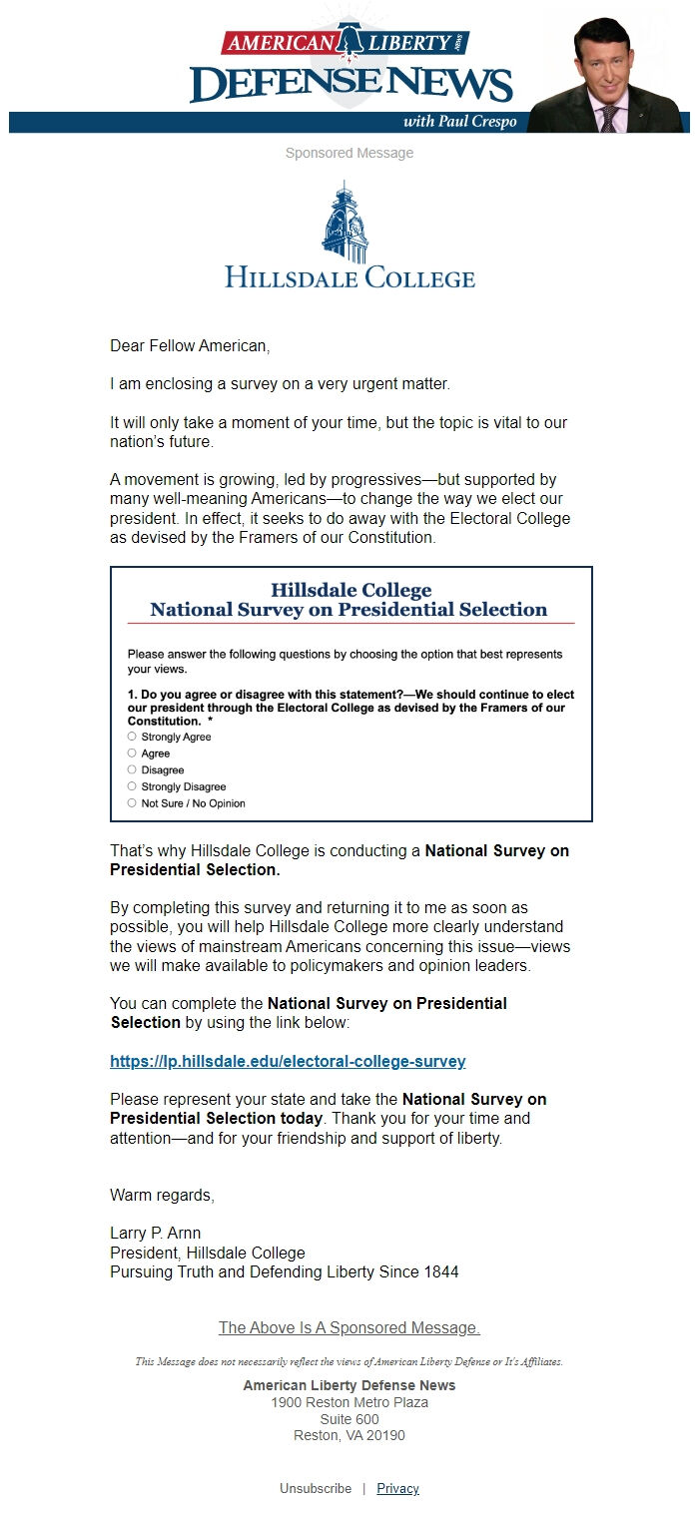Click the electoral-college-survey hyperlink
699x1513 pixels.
pos(288,1061)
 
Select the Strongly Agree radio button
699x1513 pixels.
pos(132,737)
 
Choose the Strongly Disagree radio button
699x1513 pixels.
pos(132,786)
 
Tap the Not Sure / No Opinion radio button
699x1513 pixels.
pos(132,803)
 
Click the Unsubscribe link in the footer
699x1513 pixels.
pos(316,1488)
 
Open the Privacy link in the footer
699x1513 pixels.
pos(397,1488)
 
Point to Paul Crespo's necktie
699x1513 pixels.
pos(608,118)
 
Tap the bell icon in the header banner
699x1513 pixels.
pos(350,40)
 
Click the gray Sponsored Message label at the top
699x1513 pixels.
pos(349,153)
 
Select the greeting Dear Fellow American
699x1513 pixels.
pos(190,346)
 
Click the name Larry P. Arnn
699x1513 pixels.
pos(155,1233)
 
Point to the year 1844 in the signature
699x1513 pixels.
pos(440,1271)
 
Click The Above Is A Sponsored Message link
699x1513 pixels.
pos(349,1327)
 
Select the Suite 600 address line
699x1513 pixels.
pos(349,1419)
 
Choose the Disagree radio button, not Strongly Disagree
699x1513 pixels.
pos(132,770)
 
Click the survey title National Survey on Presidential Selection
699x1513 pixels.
pos(349,610)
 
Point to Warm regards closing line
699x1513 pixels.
pos(162,1195)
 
